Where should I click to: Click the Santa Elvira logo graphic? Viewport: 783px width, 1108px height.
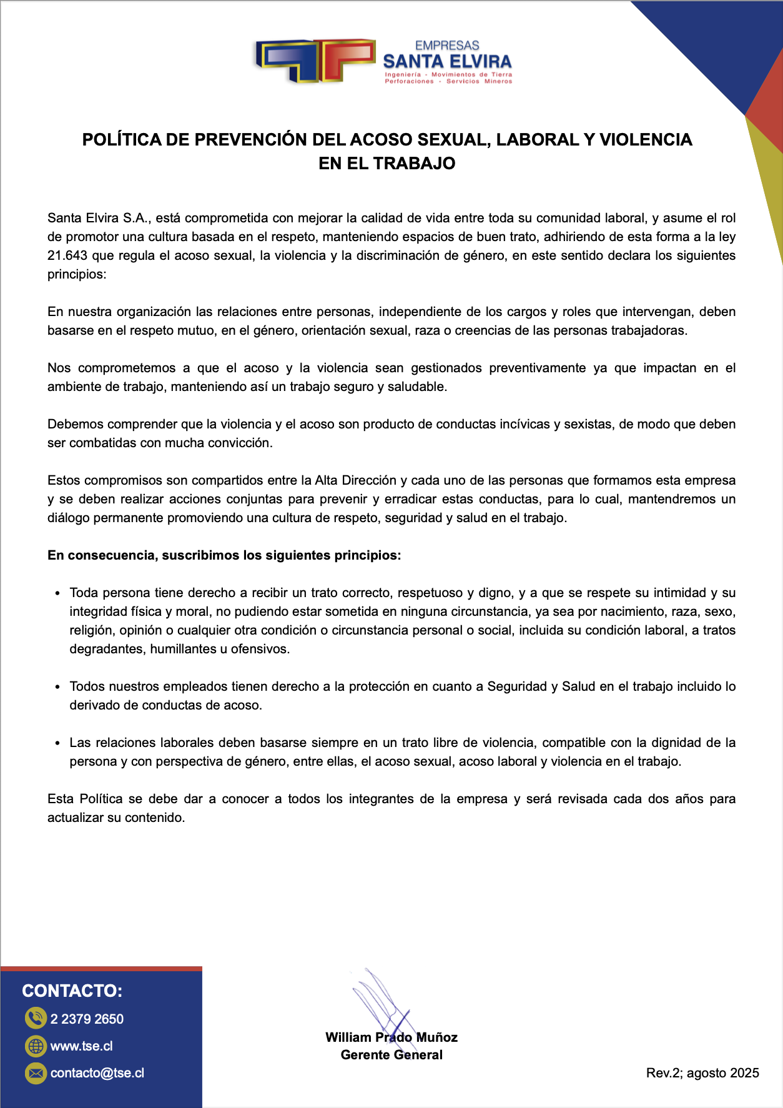pos(315,61)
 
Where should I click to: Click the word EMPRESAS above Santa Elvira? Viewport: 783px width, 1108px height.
pos(447,46)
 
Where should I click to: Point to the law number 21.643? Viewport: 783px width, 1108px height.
pos(67,255)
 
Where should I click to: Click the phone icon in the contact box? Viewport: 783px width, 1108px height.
pos(36,1019)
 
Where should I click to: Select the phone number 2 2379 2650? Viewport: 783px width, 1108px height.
pos(87,1019)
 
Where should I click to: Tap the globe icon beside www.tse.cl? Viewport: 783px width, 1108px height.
pos(36,1046)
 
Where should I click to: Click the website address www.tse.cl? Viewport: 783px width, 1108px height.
pos(82,1046)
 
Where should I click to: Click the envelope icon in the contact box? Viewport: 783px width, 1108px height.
pos(36,1073)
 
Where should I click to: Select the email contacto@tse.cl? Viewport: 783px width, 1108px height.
pos(97,1073)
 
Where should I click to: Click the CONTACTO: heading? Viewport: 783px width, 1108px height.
pos(72,991)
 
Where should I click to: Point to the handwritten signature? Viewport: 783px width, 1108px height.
pos(381,1006)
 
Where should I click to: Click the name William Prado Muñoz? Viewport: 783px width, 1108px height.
pos(391,1037)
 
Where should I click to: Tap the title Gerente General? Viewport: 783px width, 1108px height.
pos(391,1055)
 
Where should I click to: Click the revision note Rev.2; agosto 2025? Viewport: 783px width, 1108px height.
pos(702,1073)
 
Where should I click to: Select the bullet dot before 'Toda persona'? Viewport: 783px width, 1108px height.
pos(57,593)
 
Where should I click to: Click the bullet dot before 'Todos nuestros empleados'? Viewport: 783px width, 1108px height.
pos(57,687)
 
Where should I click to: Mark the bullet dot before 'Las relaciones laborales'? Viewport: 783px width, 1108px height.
pos(57,743)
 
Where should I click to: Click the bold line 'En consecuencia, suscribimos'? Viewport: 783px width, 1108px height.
pos(224,555)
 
